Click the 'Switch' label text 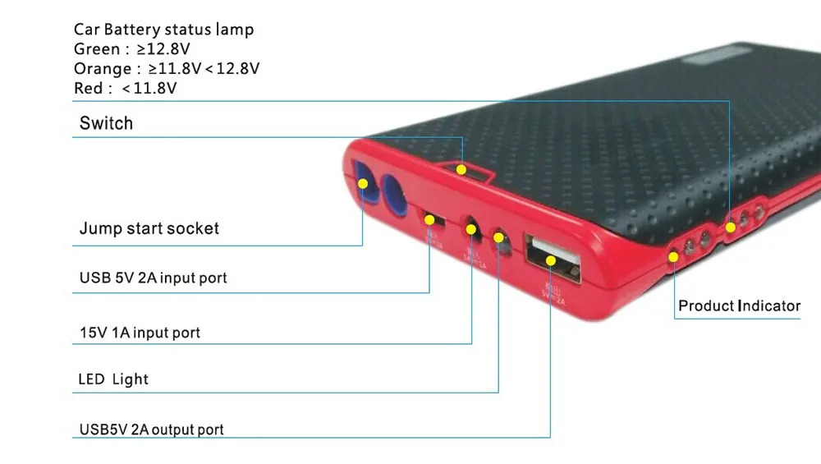(106, 124)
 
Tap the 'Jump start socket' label (149, 228)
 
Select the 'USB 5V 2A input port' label (153, 278)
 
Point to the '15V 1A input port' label (140, 333)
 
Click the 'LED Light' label (113, 379)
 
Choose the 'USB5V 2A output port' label (151, 429)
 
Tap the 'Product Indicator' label (739, 306)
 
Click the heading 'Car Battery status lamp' (163, 30)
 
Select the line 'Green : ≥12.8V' (132, 49)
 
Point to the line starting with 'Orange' (167, 69)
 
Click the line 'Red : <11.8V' (126, 88)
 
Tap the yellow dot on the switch (462, 170)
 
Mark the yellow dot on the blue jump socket (362, 185)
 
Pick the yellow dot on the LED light (499, 238)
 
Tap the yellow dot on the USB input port (429, 219)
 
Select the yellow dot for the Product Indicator (675, 256)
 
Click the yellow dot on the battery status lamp (729, 225)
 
